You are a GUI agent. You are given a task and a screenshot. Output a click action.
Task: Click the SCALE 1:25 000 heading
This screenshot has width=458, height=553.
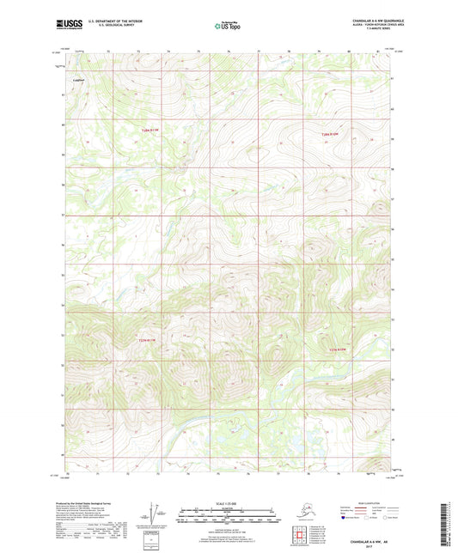(229, 501)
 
